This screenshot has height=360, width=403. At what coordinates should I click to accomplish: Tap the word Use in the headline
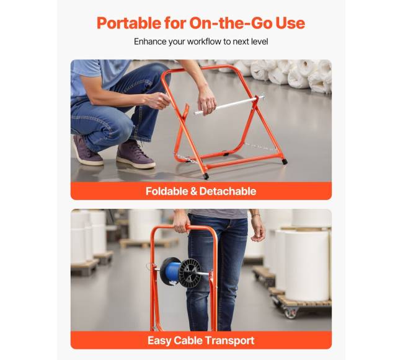(x=290, y=23)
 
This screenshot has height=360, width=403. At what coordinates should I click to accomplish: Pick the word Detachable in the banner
(x=228, y=191)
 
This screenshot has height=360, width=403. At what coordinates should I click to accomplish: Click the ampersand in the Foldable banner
(x=193, y=191)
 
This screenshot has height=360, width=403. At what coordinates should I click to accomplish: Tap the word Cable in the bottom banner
(x=188, y=341)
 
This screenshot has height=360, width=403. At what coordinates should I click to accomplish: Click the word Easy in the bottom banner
(x=159, y=341)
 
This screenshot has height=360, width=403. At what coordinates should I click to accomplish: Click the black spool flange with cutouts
(x=190, y=273)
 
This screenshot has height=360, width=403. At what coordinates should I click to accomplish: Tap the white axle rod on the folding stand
(x=229, y=105)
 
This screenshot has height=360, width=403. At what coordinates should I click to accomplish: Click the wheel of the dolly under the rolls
(x=291, y=313)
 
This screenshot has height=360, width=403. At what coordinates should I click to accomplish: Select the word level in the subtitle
(x=259, y=42)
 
